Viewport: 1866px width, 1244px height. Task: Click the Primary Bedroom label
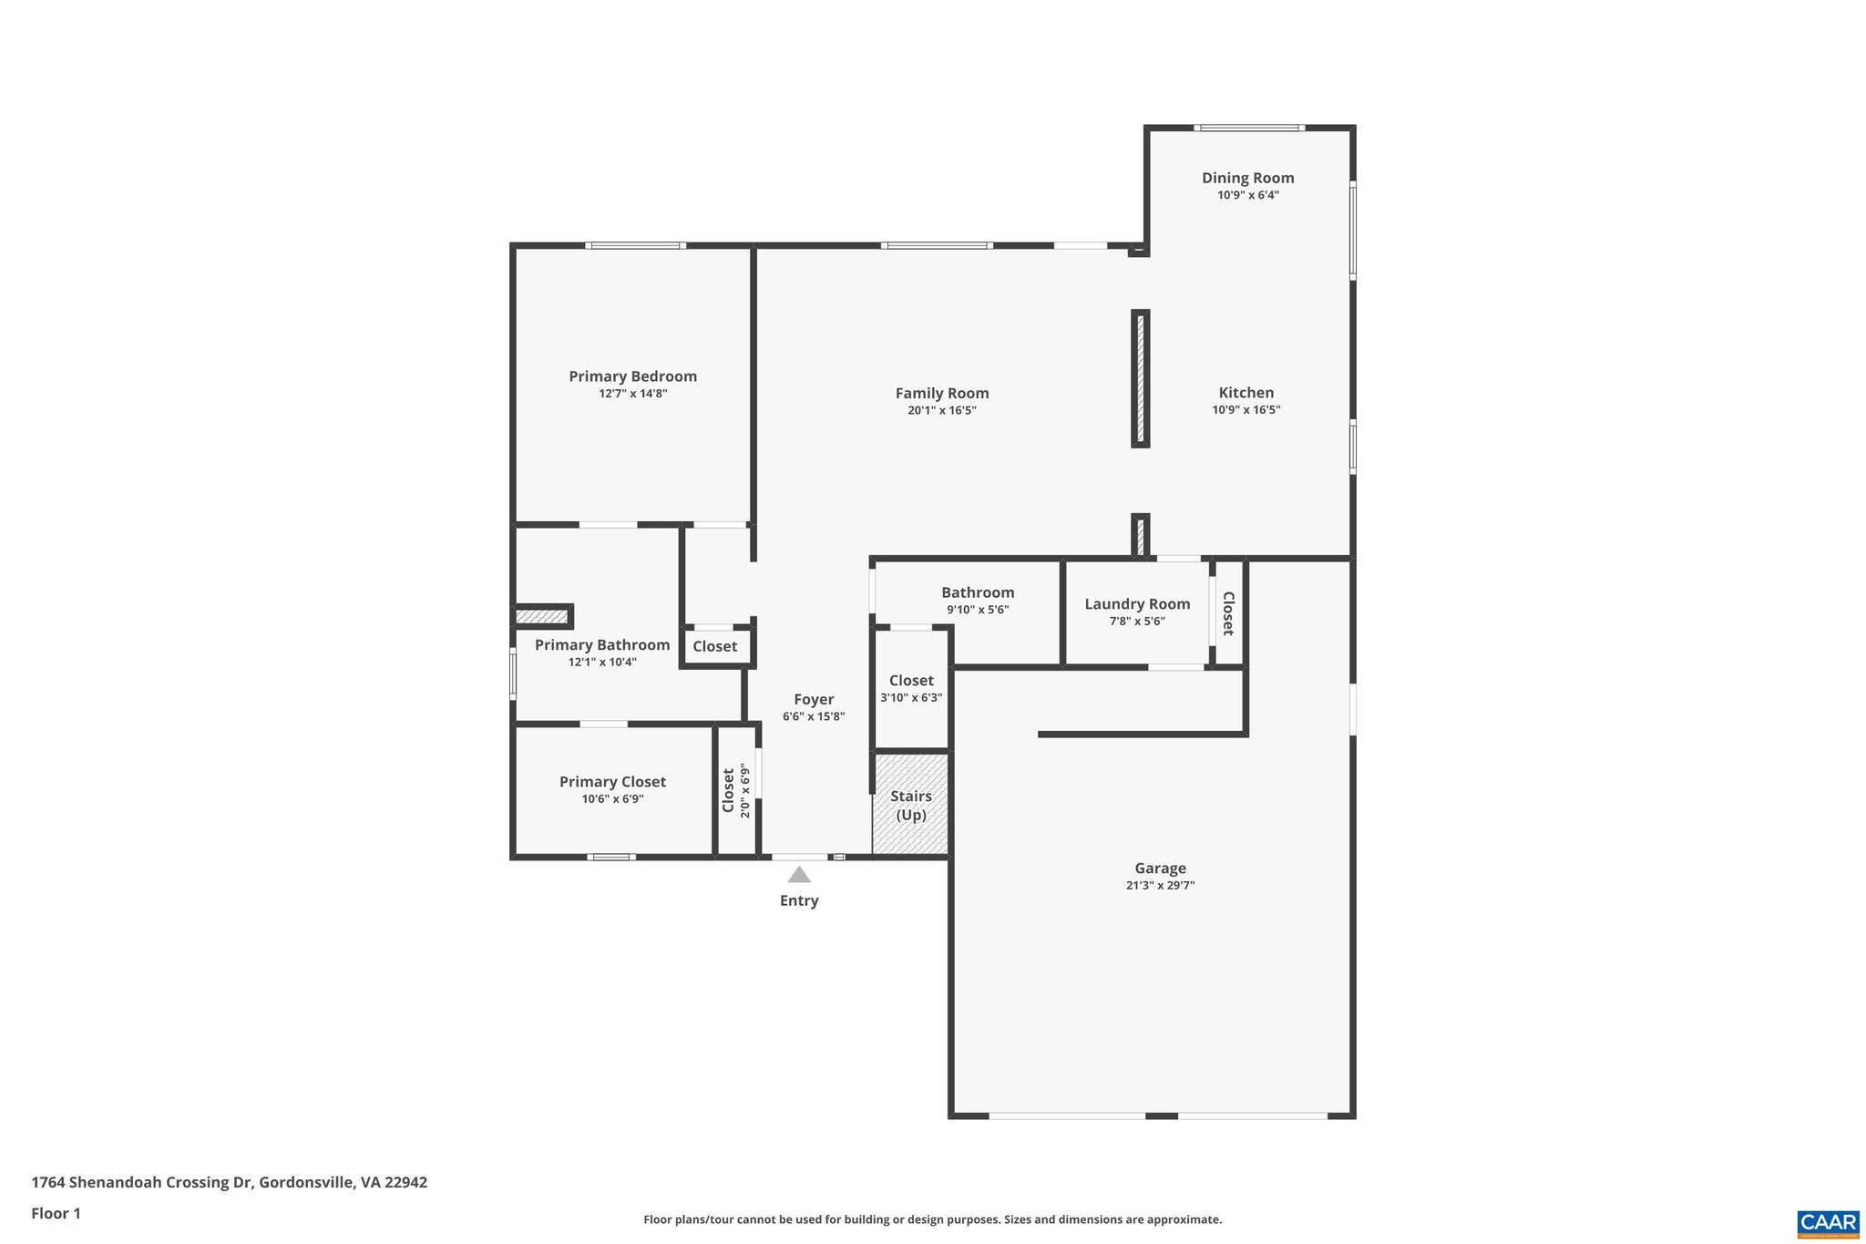(x=632, y=376)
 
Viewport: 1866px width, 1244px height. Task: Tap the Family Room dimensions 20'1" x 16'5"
(x=941, y=411)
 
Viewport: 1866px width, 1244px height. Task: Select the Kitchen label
(x=1246, y=393)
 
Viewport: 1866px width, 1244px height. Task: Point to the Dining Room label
(x=1247, y=178)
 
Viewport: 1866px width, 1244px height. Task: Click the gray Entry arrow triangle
(x=799, y=876)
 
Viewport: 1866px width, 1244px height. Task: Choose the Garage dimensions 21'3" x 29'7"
(x=1159, y=885)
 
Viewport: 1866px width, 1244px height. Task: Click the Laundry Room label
(x=1136, y=603)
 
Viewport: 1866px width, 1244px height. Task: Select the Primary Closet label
(x=612, y=782)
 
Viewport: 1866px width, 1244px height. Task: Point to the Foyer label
(x=813, y=699)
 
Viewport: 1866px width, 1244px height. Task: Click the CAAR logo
(x=1827, y=1223)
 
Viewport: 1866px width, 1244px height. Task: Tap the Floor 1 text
(x=56, y=1213)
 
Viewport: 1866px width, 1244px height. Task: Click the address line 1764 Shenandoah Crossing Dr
(x=229, y=1182)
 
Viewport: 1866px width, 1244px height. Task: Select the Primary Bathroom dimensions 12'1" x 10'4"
(x=601, y=663)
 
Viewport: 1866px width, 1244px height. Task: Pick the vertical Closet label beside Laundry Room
(x=1227, y=613)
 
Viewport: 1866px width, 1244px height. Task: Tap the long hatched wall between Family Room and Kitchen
(x=1140, y=378)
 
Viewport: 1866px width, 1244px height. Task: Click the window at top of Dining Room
(x=1248, y=128)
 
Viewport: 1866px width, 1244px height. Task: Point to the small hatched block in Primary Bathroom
(x=541, y=617)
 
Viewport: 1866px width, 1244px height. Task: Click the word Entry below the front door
(x=798, y=900)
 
